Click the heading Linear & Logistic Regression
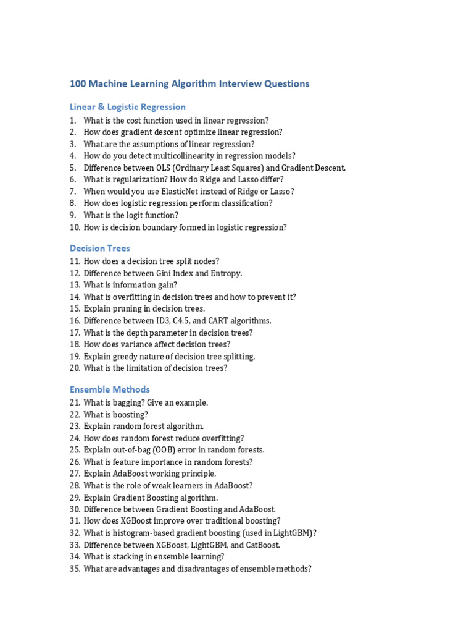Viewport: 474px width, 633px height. [128, 107]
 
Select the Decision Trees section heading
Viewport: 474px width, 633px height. [100, 248]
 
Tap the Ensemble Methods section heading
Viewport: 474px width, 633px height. [110, 389]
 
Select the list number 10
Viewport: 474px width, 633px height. [75, 227]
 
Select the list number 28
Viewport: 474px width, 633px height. [75, 486]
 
